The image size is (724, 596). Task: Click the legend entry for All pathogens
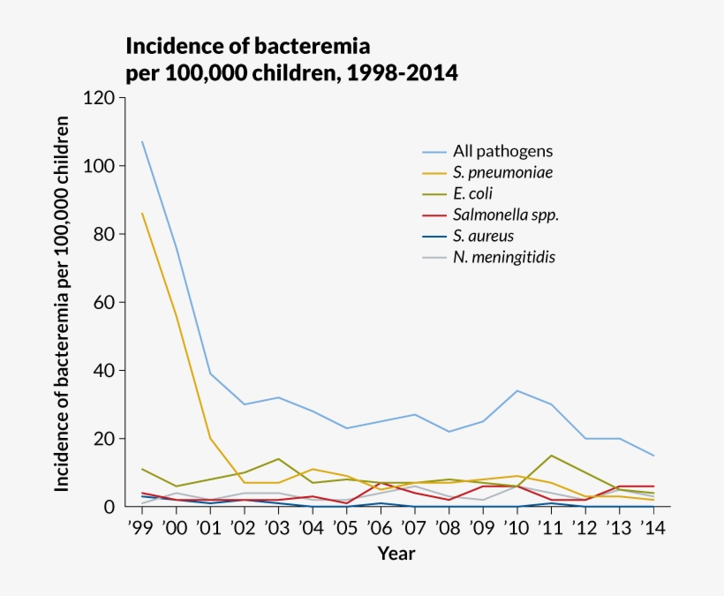[x=502, y=151]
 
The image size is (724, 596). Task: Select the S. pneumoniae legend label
[x=502, y=172]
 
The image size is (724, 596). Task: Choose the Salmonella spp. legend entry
[x=506, y=215]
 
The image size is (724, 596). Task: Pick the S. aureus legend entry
[x=483, y=236]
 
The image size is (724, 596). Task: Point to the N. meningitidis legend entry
[x=504, y=257]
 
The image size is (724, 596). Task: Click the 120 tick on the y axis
[x=99, y=98]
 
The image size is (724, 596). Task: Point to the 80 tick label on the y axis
[x=103, y=234]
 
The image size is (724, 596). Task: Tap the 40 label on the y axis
[x=103, y=370]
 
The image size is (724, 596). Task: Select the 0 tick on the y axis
[x=109, y=507]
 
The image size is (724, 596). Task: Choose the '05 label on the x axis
[x=345, y=528]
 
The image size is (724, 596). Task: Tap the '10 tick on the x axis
[x=516, y=528]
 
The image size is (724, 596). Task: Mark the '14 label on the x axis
[x=652, y=528]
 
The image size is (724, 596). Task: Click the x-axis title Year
[x=396, y=555]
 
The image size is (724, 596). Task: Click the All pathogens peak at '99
[x=142, y=142]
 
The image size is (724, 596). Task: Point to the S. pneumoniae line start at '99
[x=142, y=214]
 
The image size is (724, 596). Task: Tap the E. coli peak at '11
[x=550, y=456]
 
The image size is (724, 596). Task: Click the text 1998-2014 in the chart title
[x=402, y=72]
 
